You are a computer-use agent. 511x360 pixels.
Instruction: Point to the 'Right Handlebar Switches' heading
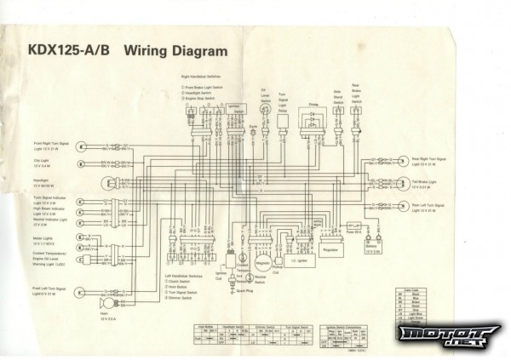point(201,77)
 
